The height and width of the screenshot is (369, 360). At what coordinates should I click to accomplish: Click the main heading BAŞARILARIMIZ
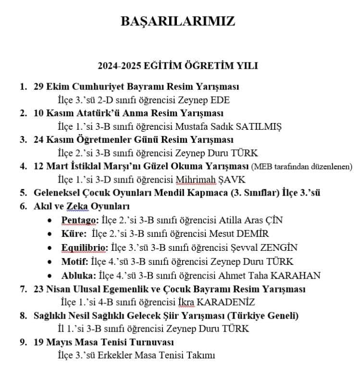178,22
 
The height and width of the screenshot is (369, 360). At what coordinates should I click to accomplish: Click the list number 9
23,342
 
